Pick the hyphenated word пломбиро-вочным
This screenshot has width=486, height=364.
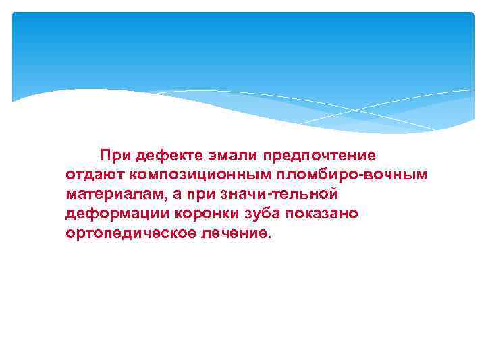pos(351,175)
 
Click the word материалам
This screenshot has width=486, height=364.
pos(113,195)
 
